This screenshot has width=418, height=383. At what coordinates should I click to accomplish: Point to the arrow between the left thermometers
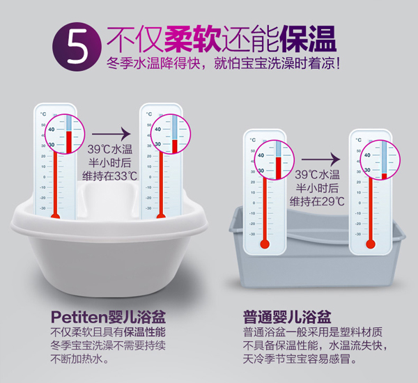(x=111, y=132)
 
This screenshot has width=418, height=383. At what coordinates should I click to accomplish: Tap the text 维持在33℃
(x=109, y=176)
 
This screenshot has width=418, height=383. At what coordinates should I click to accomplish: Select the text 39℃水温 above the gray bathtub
(x=317, y=175)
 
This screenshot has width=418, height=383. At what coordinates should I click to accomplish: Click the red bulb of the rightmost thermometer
(x=370, y=244)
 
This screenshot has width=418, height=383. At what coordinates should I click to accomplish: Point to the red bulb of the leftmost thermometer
(x=54, y=219)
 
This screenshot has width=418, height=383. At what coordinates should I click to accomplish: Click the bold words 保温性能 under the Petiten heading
(x=145, y=332)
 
